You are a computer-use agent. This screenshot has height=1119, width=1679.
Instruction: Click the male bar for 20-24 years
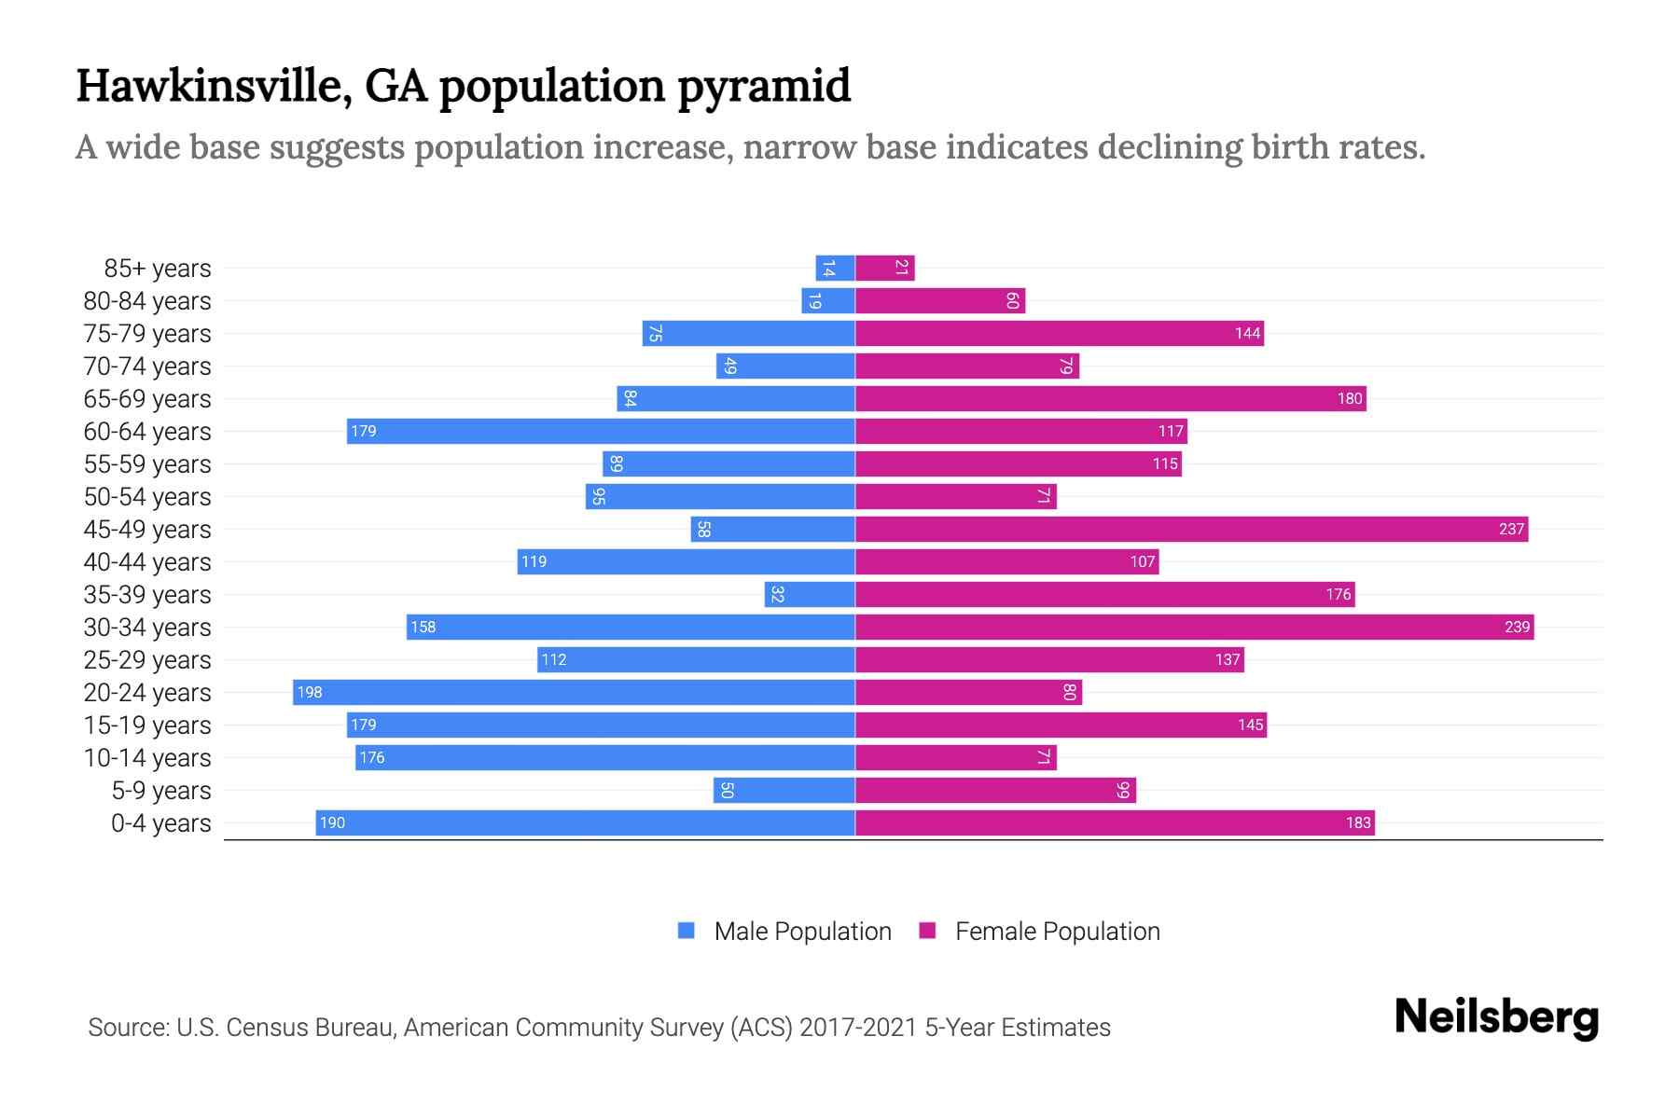pyautogui.click(x=574, y=692)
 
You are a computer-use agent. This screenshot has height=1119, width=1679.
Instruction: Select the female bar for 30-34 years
pyautogui.click(x=1194, y=627)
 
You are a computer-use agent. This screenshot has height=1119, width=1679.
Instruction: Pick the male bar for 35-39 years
pyautogui.click(x=810, y=594)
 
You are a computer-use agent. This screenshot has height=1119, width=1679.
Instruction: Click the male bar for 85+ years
pyautogui.click(x=835, y=268)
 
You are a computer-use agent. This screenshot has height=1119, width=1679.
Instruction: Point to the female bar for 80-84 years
pyautogui.click(x=939, y=300)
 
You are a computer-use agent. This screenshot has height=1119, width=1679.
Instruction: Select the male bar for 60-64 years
pyautogui.click(x=601, y=431)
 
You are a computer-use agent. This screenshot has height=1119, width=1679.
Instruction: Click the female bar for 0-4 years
pyautogui.click(x=1115, y=822)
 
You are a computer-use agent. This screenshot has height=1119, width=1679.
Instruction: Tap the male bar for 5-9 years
pyautogui.click(x=784, y=790)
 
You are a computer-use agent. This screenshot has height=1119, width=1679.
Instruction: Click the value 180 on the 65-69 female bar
pyautogui.click(x=1350, y=398)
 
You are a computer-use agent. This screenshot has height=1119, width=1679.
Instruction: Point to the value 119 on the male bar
pyautogui.click(x=534, y=561)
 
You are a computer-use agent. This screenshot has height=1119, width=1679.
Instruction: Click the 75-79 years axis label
pyautogui.click(x=147, y=334)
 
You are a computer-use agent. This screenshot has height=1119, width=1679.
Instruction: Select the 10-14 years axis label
pyautogui.click(x=147, y=758)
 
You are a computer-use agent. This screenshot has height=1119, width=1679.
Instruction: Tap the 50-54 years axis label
pyautogui.click(x=147, y=497)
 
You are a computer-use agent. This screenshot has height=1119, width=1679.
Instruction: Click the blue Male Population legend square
pyautogui.click(x=687, y=931)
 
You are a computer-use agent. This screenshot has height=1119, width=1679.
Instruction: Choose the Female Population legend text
pyautogui.click(x=1057, y=932)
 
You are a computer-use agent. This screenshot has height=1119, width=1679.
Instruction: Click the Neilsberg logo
pyautogui.click(x=1496, y=1017)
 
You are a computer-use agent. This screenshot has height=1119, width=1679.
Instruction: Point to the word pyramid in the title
pyautogui.click(x=763, y=87)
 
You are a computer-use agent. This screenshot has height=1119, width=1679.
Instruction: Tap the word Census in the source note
pyautogui.click(x=265, y=1028)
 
